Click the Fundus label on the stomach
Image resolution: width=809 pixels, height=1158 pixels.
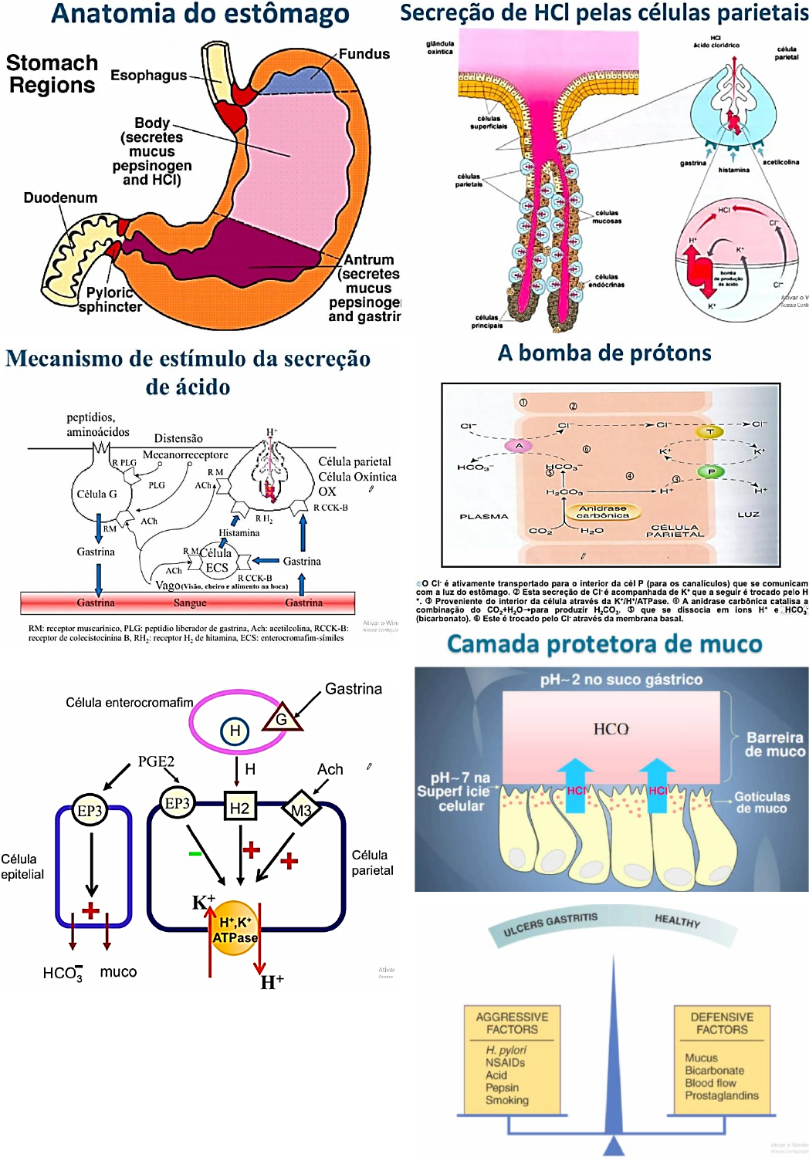point(364,54)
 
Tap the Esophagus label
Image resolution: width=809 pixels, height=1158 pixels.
point(148,75)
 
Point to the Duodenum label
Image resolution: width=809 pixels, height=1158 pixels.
point(60,198)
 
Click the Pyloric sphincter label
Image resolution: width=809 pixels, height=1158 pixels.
point(110,300)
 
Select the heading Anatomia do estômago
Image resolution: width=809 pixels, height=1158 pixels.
point(200,14)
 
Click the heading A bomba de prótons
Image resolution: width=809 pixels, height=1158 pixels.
point(604,353)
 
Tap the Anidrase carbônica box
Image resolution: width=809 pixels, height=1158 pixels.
point(603,511)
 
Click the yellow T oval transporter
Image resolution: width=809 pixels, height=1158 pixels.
point(709,432)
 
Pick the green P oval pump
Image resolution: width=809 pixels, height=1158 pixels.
point(711,471)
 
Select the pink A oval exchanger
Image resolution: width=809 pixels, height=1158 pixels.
point(519,446)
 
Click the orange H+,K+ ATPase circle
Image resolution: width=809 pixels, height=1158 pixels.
point(235,929)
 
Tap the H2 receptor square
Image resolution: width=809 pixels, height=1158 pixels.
point(239,808)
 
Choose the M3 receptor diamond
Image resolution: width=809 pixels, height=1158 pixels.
point(301,810)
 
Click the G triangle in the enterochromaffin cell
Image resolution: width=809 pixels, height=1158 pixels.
point(282,719)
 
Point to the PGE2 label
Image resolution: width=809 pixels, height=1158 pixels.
point(156,761)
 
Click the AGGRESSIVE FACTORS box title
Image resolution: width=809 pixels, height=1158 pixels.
point(512,1023)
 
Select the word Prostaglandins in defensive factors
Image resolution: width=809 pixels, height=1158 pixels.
point(722,1096)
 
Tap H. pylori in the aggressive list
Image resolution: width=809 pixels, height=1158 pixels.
point(506,1050)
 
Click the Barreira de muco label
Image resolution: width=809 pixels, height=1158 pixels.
point(774,744)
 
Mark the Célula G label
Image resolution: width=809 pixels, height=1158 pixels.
point(96,494)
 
